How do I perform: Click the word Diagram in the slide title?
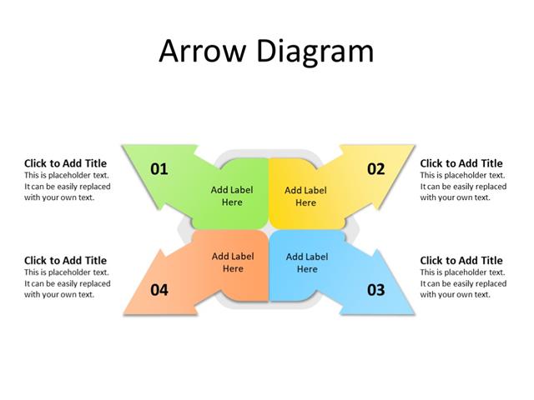(x=315, y=52)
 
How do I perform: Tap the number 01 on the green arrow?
(x=159, y=169)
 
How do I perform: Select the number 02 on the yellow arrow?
(x=376, y=169)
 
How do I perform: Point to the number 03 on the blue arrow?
(x=376, y=290)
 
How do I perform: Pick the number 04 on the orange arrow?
(x=159, y=290)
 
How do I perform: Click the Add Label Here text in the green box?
(x=232, y=196)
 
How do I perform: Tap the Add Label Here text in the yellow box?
(x=305, y=196)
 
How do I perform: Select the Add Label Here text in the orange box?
(x=233, y=262)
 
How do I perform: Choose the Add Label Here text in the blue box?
(x=307, y=262)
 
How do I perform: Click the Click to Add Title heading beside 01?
(x=66, y=163)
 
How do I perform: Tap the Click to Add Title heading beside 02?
(x=461, y=163)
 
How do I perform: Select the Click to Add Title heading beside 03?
(x=461, y=261)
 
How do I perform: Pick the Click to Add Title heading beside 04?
(x=66, y=261)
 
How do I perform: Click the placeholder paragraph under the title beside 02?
(x=462, y=187)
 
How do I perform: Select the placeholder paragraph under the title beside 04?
(x=67, y=283)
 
